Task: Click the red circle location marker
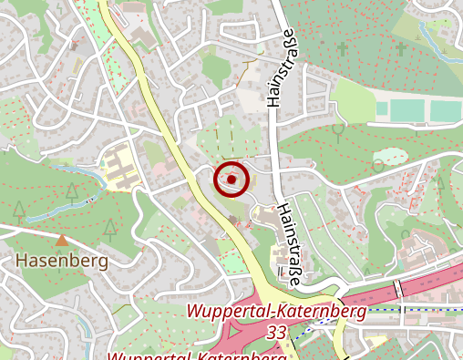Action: coord(231,180)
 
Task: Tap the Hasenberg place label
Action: coord(62,261)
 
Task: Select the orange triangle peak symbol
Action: coord(61,241)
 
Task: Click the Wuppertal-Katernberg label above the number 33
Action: coord(277,312)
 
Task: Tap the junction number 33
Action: coord(277,334)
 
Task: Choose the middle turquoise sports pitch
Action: coord(412,110)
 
